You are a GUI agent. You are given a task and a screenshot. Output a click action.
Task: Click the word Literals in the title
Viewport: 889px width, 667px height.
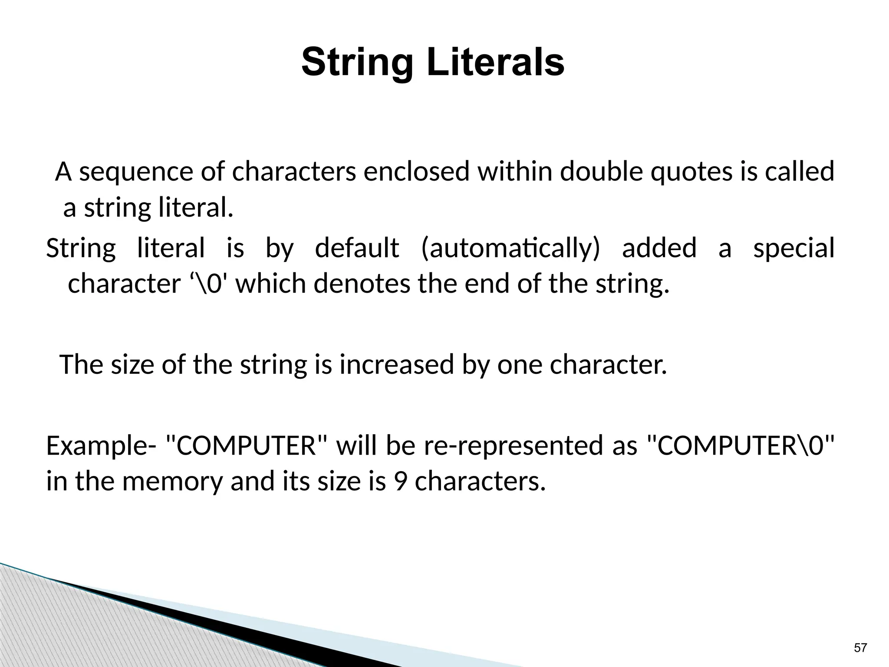495,63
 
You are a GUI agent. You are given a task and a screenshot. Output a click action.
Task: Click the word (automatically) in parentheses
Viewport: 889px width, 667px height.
510,248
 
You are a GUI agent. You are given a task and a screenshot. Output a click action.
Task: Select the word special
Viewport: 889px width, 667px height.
794,248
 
